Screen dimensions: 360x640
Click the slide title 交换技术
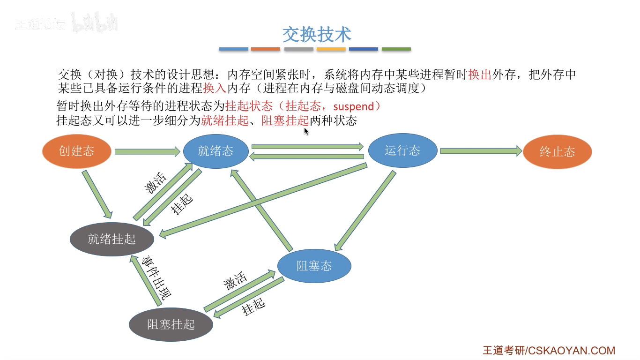click(x=317, y=35)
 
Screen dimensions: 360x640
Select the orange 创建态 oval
click(x=77, y=151)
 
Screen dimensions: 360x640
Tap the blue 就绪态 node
click(x=216, y=151)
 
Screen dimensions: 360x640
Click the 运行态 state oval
click(x=402, y=150)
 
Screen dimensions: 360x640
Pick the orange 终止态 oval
click(x=557, y=152)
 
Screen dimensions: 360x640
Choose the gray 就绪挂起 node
click(x=112, y=239)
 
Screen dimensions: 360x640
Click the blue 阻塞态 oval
click(x=314, y=266)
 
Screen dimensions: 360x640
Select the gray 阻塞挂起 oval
click(x=171, y=324)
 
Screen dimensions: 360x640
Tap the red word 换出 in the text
click(x=479, y=75)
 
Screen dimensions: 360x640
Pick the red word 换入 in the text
click(x=215, y=88)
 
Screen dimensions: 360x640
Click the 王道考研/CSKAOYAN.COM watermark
click(x=549, y=351)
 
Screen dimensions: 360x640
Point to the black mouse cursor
click(x=306, y=131)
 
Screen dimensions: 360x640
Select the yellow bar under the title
click(x=331, y=49)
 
